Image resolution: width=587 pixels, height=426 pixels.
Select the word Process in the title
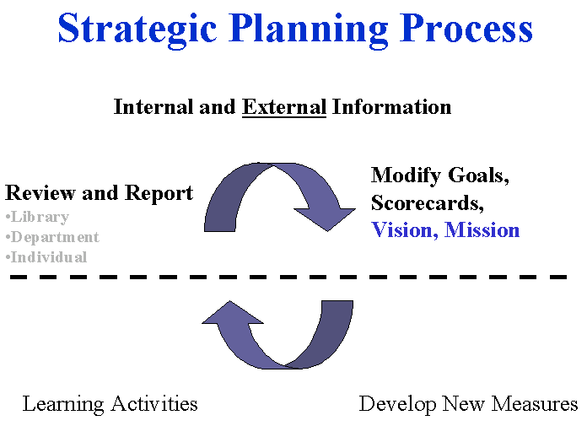466,28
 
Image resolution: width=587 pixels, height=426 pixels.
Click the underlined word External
284,107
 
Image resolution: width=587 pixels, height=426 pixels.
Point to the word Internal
153,107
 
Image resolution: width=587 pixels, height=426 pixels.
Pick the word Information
391,107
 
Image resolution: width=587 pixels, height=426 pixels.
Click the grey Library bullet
37,217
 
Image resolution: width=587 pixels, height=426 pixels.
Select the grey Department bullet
52,237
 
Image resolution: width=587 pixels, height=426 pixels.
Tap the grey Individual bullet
46,257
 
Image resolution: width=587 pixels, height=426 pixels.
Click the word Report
159,193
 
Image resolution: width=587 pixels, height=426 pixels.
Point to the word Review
40,193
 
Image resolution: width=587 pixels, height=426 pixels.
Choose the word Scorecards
428,202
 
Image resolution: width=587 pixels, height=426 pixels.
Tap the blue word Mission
482,229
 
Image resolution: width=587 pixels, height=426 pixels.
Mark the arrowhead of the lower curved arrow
232,314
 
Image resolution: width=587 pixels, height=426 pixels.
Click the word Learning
63,404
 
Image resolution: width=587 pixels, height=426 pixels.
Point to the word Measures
535,404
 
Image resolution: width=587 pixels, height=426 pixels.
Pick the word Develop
398,405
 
